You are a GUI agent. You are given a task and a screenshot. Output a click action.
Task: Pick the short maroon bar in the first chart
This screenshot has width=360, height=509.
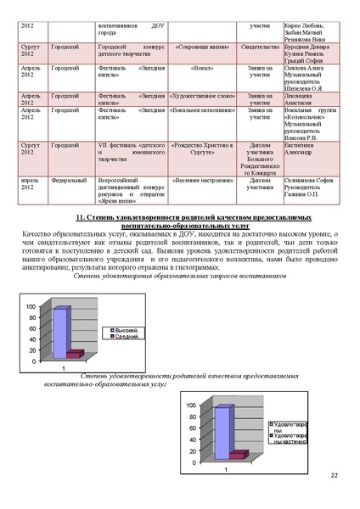(x=75, y=353)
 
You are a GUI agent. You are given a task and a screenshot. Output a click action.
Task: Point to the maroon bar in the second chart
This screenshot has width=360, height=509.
(x=237, y=455)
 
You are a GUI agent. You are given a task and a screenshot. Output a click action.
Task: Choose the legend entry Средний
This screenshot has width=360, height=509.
(x=125, y=337)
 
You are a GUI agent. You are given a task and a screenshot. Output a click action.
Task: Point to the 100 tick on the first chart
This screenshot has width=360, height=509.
(x=31, y=306)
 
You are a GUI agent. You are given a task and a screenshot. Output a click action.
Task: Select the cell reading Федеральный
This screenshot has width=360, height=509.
(x=69, y=181)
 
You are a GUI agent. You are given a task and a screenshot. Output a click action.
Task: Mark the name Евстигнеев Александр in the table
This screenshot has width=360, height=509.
(x=303, y=150)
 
